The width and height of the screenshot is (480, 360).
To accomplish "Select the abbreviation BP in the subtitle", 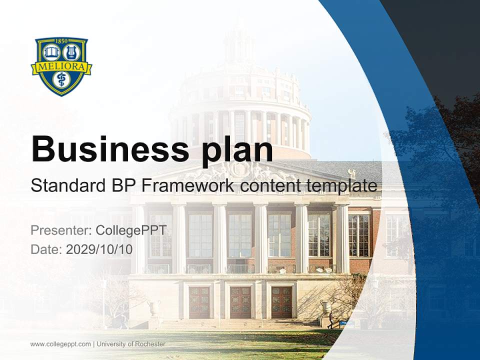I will (121, 185).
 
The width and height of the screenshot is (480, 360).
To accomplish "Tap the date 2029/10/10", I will (99, 249).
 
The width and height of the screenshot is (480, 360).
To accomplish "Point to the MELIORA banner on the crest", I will (61, 67).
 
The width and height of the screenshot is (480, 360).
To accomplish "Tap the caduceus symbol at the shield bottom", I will (61, 81).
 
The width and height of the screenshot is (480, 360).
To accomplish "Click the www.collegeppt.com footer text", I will (60, 344).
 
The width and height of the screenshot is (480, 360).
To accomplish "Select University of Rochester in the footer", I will (131, 344).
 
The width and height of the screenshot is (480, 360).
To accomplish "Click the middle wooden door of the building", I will (240, 302).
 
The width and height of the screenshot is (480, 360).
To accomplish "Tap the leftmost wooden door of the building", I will (199, 302).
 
